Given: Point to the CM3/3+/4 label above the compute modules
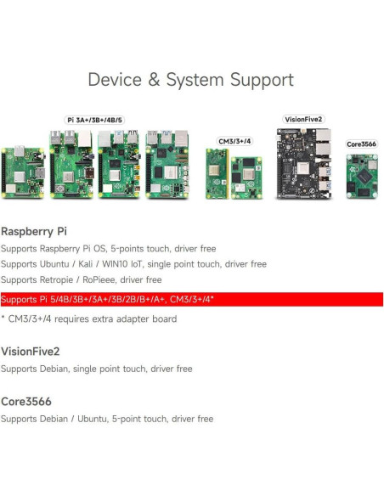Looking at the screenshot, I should tap(234, 141).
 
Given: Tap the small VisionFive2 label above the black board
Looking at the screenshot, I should tap(303, 120).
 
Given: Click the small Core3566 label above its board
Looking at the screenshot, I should tap(361, 144).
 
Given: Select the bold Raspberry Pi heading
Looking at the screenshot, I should tap(34, 230).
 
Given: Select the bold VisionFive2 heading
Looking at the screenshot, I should tap(31, 351).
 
